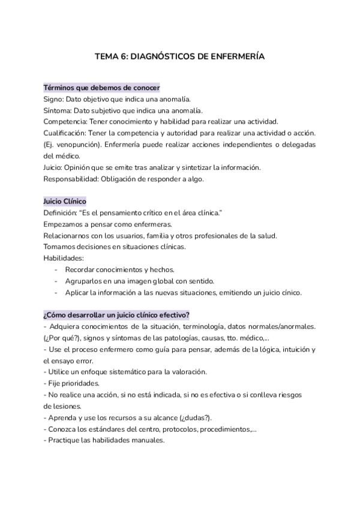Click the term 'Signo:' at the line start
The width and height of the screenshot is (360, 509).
click(55, 99)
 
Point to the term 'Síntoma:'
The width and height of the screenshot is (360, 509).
click(59, 110)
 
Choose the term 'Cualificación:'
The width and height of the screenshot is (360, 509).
click(67, 133)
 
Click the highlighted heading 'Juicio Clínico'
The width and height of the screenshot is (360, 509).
click(65, 202)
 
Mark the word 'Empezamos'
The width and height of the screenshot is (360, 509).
click(62, 224)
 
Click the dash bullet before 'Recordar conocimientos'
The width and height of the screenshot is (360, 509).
click(56, 270)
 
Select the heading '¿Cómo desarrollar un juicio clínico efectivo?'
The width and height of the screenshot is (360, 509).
click(117, 315)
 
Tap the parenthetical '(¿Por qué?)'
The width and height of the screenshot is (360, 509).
click(60, 338)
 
